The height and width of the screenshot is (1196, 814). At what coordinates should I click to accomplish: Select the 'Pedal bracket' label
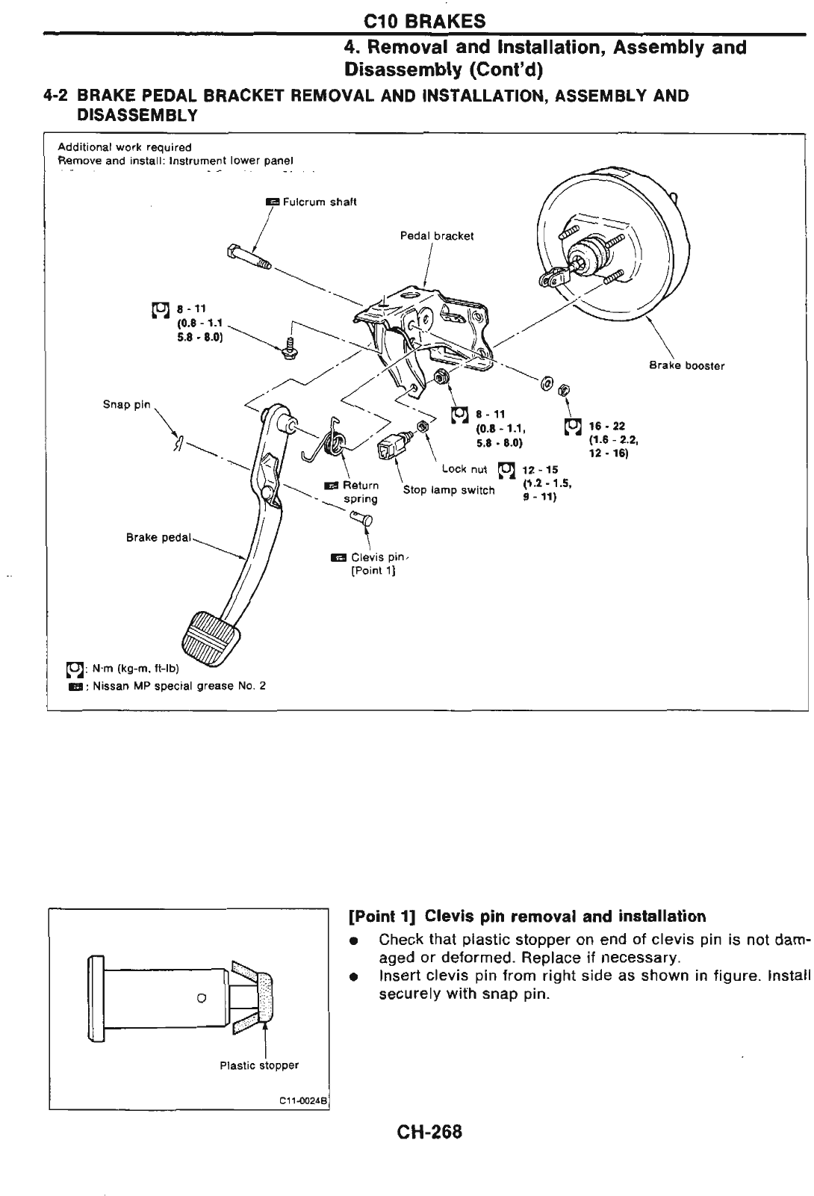pos(437,236)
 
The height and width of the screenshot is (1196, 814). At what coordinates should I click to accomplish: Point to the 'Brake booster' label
pos(686,366)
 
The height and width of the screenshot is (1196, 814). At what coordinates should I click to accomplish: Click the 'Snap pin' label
pos(126,405)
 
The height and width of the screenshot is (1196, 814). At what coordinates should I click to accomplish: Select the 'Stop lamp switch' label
pos(449,490)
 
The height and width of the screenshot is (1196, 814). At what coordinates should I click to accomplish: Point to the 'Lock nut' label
pos(464,469)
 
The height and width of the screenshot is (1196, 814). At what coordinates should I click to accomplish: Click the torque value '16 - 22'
pos(601,427)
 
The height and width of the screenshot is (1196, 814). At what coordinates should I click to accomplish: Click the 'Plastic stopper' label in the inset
pos(259,1065)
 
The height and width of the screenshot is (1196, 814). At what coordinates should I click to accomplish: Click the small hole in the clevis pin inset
pos(201,997)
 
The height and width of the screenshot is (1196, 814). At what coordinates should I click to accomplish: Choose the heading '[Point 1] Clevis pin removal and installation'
pos(527,917)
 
